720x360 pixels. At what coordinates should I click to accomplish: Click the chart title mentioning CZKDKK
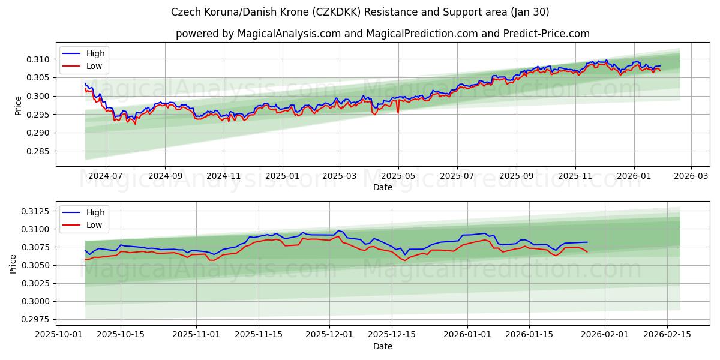click(360, 12)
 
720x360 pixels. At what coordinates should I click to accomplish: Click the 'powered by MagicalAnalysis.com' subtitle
click(383, 34)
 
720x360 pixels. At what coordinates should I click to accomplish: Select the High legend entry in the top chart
click(95, 53)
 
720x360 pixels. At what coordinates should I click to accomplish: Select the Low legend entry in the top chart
click(94, 66)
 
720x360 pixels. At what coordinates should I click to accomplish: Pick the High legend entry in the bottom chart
click(95, 212)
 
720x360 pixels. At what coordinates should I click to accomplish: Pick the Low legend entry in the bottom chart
click(94, 225)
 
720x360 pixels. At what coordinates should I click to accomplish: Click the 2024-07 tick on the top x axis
click(106, 176)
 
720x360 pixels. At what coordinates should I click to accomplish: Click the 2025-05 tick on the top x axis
click(398, 176)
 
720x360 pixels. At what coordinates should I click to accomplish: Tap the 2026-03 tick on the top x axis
click(691, 176)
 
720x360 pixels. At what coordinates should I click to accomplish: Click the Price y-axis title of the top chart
click(18, 105)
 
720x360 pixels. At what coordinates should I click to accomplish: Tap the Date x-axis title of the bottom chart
click(383, 346)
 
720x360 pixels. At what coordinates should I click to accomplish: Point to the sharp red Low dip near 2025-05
click(398, 112)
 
